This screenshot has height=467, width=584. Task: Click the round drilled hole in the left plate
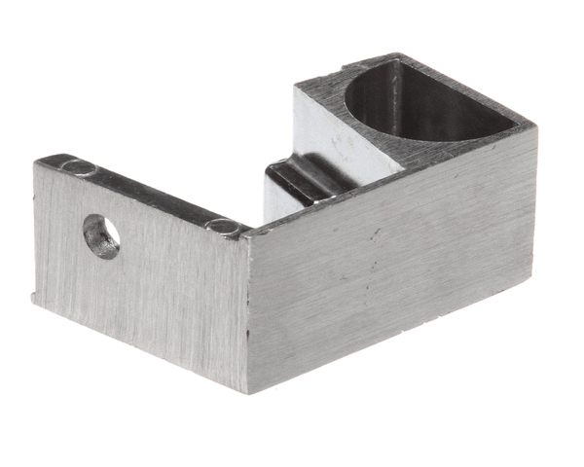coord(101,236)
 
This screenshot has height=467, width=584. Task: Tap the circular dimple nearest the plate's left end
coord(80,169)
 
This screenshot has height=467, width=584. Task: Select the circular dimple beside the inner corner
coord(224,227)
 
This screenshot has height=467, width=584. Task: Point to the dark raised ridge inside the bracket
coord(292,180)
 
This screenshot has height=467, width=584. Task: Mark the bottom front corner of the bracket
coord(249,392)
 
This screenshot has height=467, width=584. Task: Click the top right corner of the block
coord(535,126)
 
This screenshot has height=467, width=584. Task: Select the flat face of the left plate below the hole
coord(136,302)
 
